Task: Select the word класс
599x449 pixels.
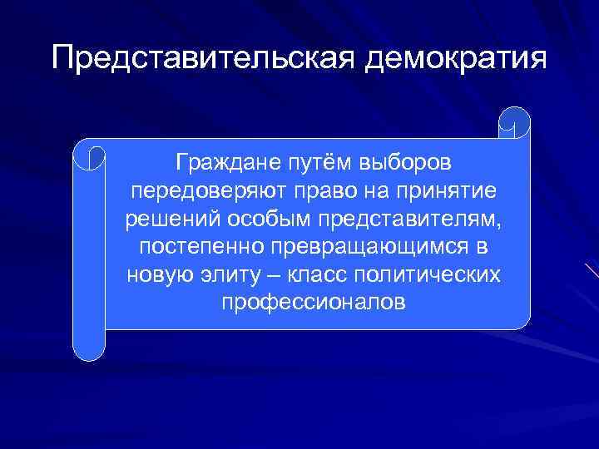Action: (x=327, y=275)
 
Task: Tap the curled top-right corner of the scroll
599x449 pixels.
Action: (x=513, y=122)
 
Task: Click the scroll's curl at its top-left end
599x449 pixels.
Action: (x=89, y=155)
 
